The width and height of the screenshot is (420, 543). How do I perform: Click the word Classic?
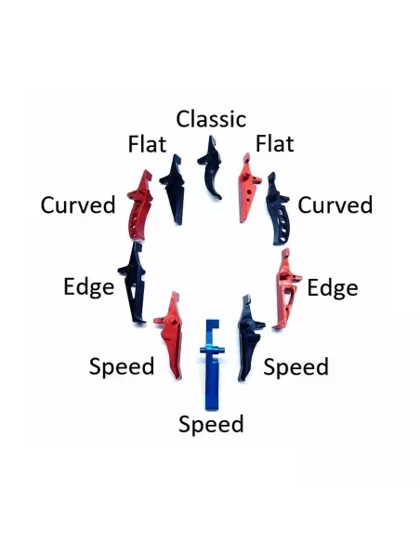pos(211,119)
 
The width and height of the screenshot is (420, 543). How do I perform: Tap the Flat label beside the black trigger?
pos(147,144)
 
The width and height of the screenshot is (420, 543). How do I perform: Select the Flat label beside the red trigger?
pos(275,143)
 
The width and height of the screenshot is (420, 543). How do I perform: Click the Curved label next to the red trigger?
pos(78,205)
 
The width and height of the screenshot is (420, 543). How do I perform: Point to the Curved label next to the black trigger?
pos(335,205)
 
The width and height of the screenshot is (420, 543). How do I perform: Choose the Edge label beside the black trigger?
pos(89,287)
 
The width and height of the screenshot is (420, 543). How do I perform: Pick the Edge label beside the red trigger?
pos(333,288)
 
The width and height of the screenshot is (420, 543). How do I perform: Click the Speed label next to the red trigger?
pos(122,367)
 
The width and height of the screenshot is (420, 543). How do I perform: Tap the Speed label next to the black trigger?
pos(295,367)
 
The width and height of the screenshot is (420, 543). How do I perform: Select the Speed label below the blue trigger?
pos(211,424)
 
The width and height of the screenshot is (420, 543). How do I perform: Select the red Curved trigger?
pos(138,207)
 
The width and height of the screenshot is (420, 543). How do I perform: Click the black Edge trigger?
pos(134,284)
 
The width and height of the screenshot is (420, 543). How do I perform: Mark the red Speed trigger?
pos(171,336)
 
